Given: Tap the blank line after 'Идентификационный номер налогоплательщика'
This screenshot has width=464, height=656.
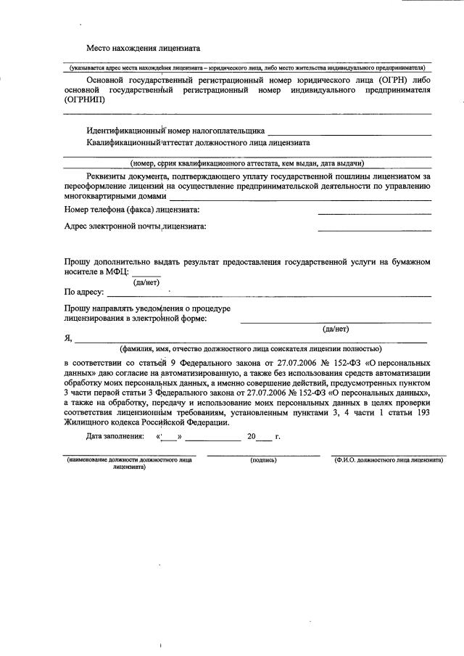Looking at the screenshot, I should coord(349,133).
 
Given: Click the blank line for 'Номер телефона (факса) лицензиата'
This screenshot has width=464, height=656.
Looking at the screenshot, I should coord(374,211).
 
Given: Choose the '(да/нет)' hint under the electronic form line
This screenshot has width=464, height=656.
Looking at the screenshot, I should coord(336,329).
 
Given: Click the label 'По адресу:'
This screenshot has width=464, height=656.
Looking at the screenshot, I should coord(84,293).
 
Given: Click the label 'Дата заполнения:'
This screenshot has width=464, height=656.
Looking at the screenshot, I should coord(115,437).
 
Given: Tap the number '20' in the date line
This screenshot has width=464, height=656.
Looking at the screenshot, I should coord(251,437).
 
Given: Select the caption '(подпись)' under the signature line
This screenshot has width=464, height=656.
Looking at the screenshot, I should coord(263,460).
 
